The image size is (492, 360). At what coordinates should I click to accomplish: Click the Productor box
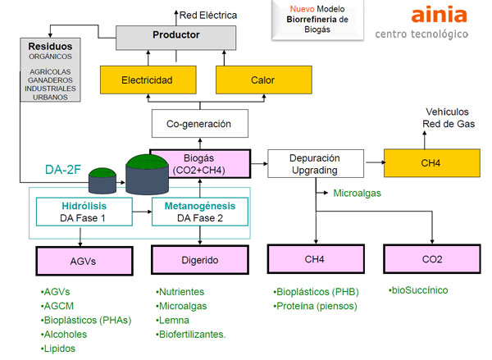tap(175, 35)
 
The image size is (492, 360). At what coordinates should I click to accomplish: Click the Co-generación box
tap(199, 124)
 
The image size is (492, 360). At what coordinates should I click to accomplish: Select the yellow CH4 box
tap(430, 162)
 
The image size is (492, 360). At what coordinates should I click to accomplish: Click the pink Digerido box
tap(198, 260)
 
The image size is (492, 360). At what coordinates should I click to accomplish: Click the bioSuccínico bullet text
tap(418, 290)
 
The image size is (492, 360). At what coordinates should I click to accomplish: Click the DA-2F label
tap(65, 169)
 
